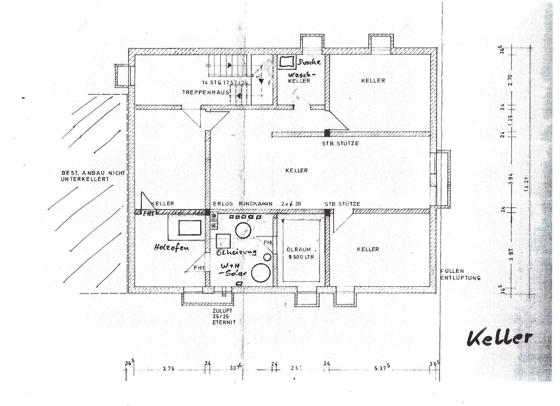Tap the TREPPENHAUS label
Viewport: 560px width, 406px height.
(205, 92)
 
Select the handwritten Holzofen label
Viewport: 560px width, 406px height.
(171, 247)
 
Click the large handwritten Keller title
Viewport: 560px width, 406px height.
(499, 338)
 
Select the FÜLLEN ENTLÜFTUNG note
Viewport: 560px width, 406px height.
(460, 274)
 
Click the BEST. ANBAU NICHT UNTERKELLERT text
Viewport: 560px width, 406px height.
(93, 176)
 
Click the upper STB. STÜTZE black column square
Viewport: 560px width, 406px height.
(327, 133)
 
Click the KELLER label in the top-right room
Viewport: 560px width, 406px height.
(373, 80)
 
